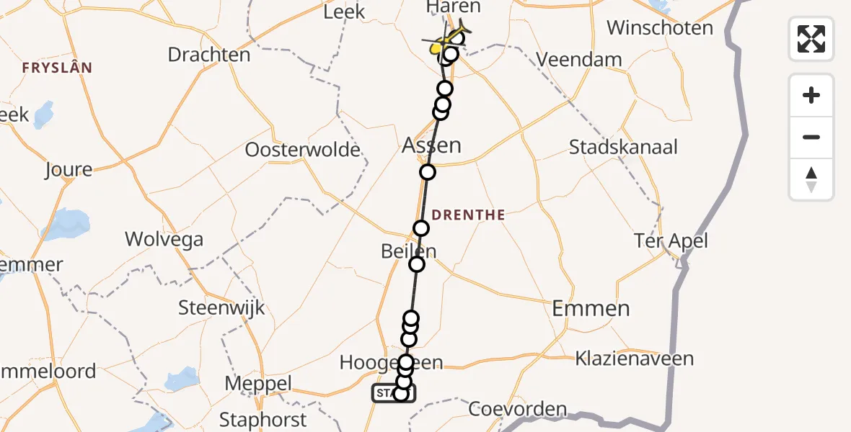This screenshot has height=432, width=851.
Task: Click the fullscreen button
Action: pyautogui.click(x=811, y=39)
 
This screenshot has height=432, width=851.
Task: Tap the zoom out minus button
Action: pyautogui.click(x=811, y=137)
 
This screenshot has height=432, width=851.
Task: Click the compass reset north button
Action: pyautogui.click(x=811, y=179)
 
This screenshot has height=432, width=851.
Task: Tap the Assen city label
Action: pyautogui.click(x=431, y=145)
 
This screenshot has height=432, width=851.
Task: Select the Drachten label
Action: pyautogui.click(x=209, y=55)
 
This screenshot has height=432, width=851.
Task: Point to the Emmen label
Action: pyautogui.click(x=591, y=309)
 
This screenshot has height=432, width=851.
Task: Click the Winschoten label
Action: pyautogui.click(x=660, y=28)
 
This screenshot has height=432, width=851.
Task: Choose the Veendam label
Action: pyautogui.click(x=580, y=59)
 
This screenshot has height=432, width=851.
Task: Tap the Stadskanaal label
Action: pyautogui.click(x=623, y=148)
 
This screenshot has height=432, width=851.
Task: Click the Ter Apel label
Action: pyautogui.click(x=670, y=241)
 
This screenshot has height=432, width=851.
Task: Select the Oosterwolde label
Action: pyautogui.click(x=303, y=150)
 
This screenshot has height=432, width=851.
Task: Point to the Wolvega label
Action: pyautogui.click(x=164, y=239)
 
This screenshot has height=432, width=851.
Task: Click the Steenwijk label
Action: pyautogui.click(x=222, y=309)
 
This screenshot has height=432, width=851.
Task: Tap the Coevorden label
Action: pyautogui.click(x=518, y=409)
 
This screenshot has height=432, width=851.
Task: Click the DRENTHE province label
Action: pyautogui.click(x=469, y=215)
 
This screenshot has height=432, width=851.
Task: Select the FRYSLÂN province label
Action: pyautogui.click(x=57, y=68)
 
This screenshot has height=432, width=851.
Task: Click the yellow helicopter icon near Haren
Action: pyautogui.click(x=451, y=40)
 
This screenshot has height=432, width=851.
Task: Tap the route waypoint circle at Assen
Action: pyautogui.click(x=428, y=172)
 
